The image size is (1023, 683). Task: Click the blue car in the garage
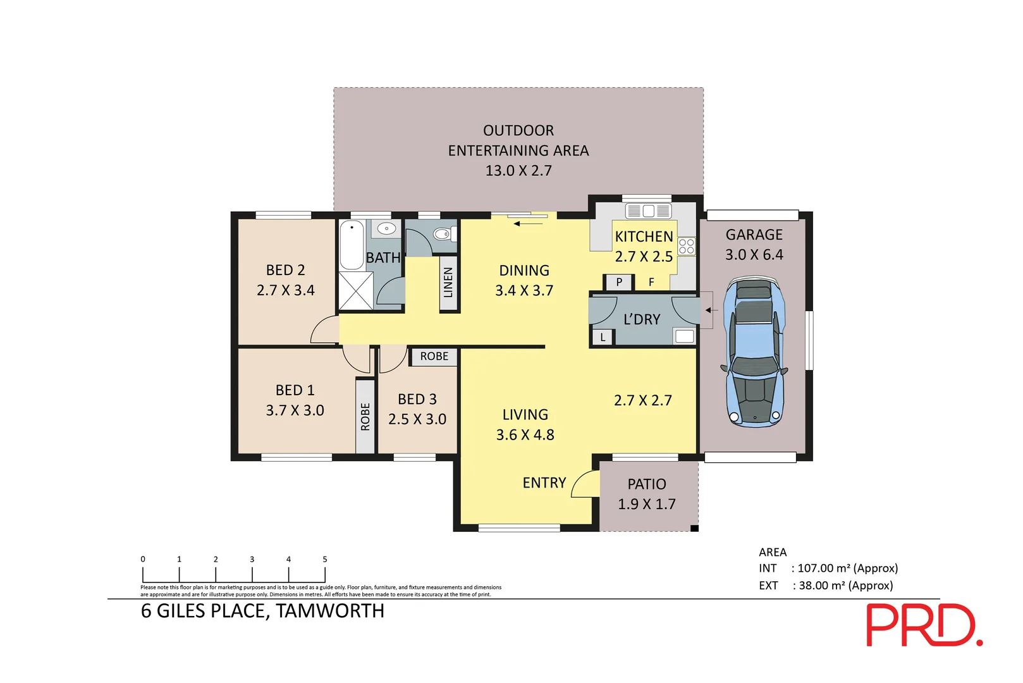(x=754, y=352)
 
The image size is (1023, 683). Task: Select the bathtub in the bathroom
(x=352, y=245)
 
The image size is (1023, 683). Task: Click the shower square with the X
(x=355, y=291)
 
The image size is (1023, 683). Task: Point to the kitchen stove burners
(x=686, y=247)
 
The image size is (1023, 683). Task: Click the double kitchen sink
(x=648, y=211)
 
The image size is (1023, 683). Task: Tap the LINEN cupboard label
(x=448, y=283)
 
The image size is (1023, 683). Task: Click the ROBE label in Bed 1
(x=365, y=417)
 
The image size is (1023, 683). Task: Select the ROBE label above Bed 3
(x=434, y=357)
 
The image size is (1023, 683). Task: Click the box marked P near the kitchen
(x=618, y=282)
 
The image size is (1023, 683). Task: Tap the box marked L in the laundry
(x=603, y=337)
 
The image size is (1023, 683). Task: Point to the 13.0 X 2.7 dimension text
(x=518, y=171)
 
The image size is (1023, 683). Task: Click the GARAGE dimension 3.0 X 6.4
(x=754, y=255)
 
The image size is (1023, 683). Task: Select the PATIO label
(x=646, y=484)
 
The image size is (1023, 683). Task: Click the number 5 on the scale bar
(x=325, y=559)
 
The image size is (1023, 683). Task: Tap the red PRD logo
(x=923, y=625)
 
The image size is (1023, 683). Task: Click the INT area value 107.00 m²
(x=847, y=569)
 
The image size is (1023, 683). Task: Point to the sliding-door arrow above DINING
(x=529, y=223)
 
